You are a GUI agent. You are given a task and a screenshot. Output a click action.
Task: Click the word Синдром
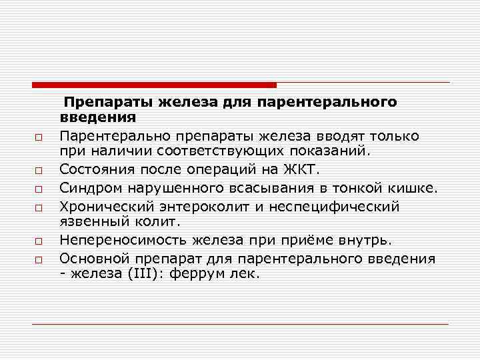click(89, 188)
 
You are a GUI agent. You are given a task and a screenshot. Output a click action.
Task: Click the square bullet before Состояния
click(39, 172)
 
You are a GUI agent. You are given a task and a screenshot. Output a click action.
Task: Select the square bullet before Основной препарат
click(39, 259)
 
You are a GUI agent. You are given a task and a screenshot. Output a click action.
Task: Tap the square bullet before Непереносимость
click(39, 241)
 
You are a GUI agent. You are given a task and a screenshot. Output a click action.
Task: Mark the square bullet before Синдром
click(39, 189)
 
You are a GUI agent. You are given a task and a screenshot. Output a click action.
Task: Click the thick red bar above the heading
click(154, 85)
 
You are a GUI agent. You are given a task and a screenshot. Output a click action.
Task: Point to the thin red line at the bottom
click(240, 325)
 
